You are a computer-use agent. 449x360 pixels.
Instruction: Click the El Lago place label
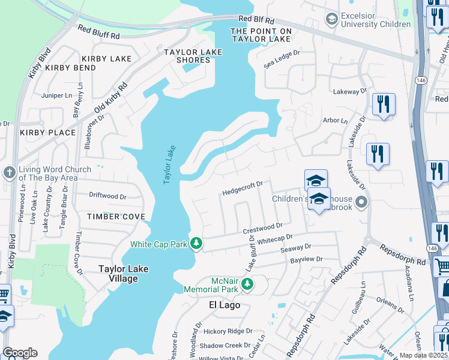click(224, 305)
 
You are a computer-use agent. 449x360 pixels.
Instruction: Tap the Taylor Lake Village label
click(127, 274)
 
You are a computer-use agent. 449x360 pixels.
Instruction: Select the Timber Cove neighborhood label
click(116, 216)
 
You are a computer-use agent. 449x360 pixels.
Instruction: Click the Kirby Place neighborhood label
click(48, 133)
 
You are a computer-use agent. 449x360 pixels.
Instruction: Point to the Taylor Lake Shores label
click(194, 56)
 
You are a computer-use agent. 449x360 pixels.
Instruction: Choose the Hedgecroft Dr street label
click(243, 188)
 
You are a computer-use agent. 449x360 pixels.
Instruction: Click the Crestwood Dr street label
click(262, 228)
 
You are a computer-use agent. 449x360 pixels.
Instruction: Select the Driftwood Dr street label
click(107, 196)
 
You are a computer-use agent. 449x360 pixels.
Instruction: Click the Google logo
click(20, 353)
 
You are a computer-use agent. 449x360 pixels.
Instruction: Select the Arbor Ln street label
click(335, 121)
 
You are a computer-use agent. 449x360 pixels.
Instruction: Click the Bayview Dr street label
click(306, 259)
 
